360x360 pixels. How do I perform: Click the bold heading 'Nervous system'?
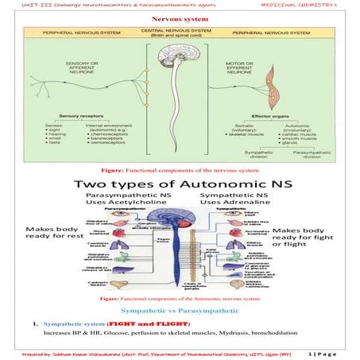[x=179, y=16]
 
